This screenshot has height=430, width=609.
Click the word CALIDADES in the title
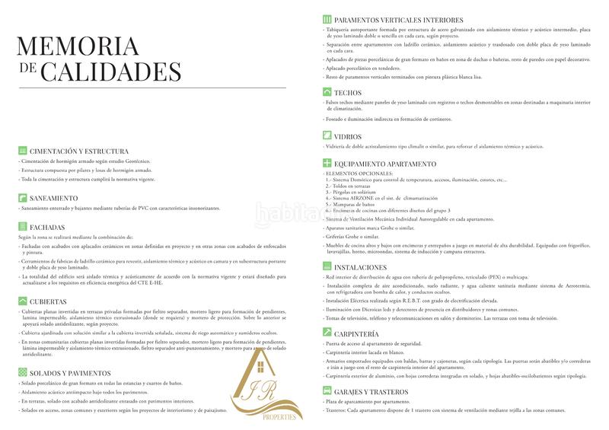click(x=110, y=72)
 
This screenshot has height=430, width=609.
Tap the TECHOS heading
click(x=348, y=92)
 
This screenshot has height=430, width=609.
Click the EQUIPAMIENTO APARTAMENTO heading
click(x=384, y=164)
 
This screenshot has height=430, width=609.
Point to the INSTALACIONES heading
click(x=360, y=269)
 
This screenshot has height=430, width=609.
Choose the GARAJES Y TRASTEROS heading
click(x=371, y=391)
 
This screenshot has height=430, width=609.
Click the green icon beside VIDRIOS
click(x=327, y=136)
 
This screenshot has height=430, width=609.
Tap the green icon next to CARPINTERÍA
click(x=327, y=333)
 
